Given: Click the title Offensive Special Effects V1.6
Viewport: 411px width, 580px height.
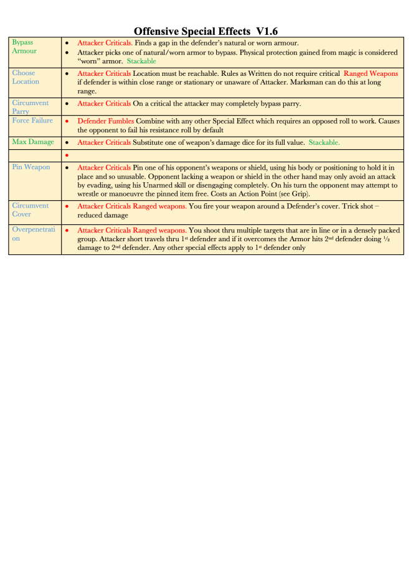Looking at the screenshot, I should [x=206, y=31].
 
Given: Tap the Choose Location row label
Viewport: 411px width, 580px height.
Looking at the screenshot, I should [x=25, y=77].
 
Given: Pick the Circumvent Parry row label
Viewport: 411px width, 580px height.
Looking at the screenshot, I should [x=30, y=106].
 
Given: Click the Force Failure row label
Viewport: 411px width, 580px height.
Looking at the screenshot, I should [x=33, y=121].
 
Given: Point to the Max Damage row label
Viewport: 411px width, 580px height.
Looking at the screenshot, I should [x=32, y=142].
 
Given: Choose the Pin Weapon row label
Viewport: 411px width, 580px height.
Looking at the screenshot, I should [x=31, y=167].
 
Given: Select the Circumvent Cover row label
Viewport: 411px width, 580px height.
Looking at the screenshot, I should [x=30, y=209].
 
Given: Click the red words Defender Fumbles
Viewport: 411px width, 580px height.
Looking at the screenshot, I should [x=105, y=121].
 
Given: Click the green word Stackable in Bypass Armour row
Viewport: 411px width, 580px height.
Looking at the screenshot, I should [x=141, y=62].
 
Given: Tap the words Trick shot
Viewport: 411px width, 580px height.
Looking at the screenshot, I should [x=364, y=206].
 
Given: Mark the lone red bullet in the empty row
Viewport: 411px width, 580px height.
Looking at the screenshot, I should [x=67, y=154].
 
